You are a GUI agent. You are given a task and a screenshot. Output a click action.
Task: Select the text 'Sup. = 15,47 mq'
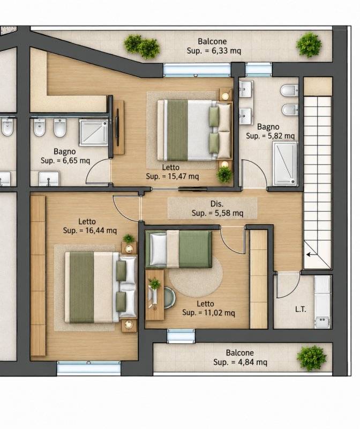172,176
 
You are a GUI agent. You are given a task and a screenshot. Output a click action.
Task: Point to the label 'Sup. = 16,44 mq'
89,231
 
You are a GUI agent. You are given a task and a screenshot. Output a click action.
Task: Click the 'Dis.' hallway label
217,204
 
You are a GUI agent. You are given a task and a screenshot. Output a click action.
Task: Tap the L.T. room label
301,309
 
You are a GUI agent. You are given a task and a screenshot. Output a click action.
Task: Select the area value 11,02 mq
220,313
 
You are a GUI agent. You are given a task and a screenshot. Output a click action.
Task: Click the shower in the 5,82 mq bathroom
285,164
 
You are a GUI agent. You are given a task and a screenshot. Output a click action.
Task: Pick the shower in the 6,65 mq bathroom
94,132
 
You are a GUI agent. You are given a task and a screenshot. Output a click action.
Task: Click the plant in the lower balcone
311,358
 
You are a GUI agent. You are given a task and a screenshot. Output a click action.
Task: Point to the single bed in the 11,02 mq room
179,249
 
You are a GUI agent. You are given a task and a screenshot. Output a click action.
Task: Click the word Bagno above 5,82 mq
268,127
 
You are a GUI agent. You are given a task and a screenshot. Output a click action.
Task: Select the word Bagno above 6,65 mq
64,152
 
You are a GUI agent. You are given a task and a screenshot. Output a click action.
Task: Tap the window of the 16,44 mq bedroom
88,368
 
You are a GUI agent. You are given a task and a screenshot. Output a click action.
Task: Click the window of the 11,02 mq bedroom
181,336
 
